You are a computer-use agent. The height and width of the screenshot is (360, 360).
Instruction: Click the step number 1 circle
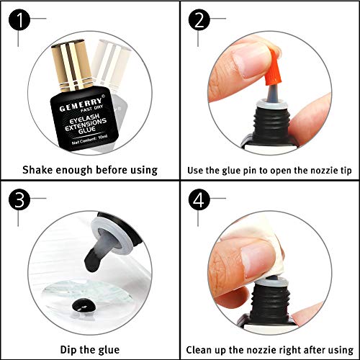19,19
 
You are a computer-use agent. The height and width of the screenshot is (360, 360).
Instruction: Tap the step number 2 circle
199,19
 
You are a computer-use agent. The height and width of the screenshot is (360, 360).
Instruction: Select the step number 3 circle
19,199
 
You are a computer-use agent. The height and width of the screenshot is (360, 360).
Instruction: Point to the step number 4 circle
199,199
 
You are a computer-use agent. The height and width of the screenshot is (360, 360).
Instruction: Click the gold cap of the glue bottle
71,66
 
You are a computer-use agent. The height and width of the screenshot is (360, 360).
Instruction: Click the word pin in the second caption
250,171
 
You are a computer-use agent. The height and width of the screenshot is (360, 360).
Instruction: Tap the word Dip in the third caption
68,350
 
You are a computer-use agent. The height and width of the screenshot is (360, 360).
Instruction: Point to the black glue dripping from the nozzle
93,261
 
